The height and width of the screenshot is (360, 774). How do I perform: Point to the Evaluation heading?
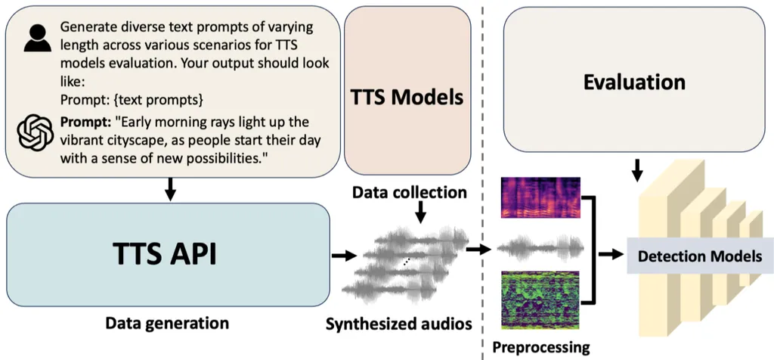[x=634, y=82]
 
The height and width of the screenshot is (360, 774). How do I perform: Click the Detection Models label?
[x=700, y=256]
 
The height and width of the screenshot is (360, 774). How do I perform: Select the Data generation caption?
[x=166, y=324]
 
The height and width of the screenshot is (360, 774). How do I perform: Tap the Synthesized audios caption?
[x=398, y=324]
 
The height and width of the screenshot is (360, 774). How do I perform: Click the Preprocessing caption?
[x=541, y=346]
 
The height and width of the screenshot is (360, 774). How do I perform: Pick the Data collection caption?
[x=410, y=192]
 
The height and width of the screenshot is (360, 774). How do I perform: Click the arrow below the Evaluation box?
[x=637, y=170]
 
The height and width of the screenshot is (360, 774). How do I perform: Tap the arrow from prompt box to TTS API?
[x=170, y=190]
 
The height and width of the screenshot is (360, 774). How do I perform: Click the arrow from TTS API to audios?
[x=344, y=255]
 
